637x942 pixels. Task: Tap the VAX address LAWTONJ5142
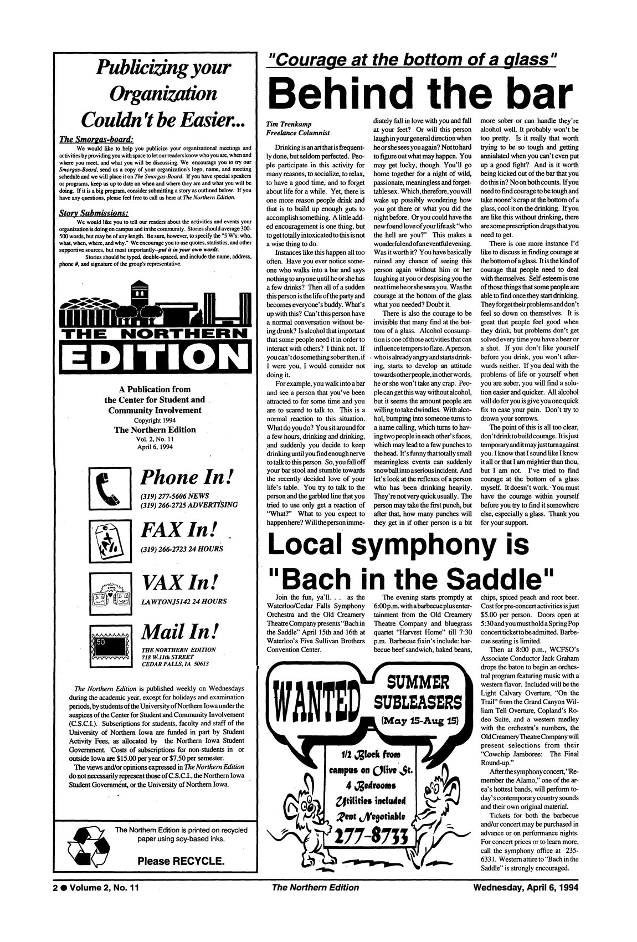coord(162,601)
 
